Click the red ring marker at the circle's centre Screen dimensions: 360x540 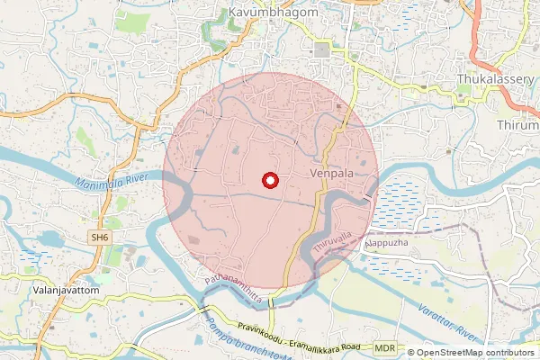269,180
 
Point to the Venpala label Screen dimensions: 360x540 329,172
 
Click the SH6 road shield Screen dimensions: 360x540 99,237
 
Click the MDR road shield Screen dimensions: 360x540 385,346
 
